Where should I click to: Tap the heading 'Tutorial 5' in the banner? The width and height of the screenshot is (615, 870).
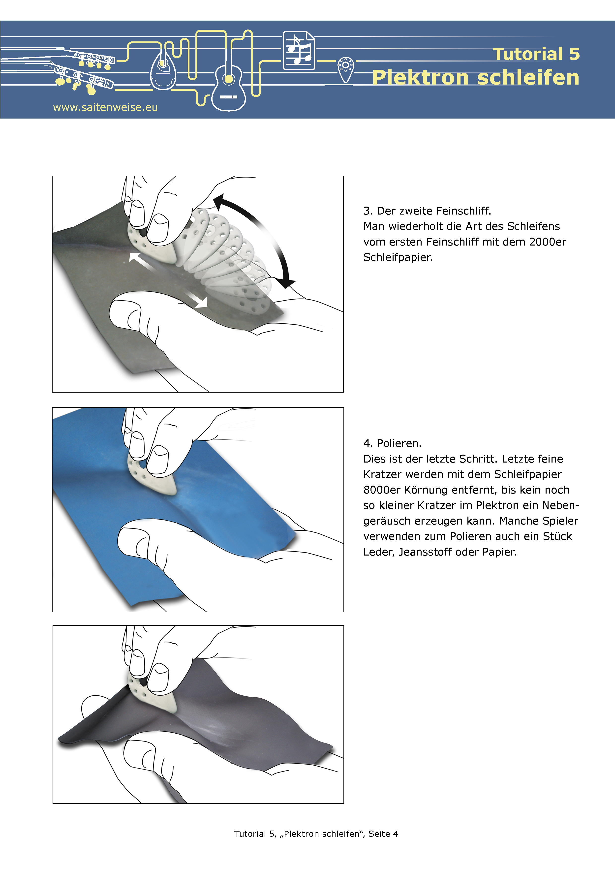pos(536,54)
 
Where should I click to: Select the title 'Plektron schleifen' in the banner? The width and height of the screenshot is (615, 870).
pos(476,77)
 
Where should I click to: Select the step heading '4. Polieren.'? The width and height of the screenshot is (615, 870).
pos(392,443)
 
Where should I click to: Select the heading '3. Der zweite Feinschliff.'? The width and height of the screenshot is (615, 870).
pos(427,211)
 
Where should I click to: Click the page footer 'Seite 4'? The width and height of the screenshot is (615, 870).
pos(383,834)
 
